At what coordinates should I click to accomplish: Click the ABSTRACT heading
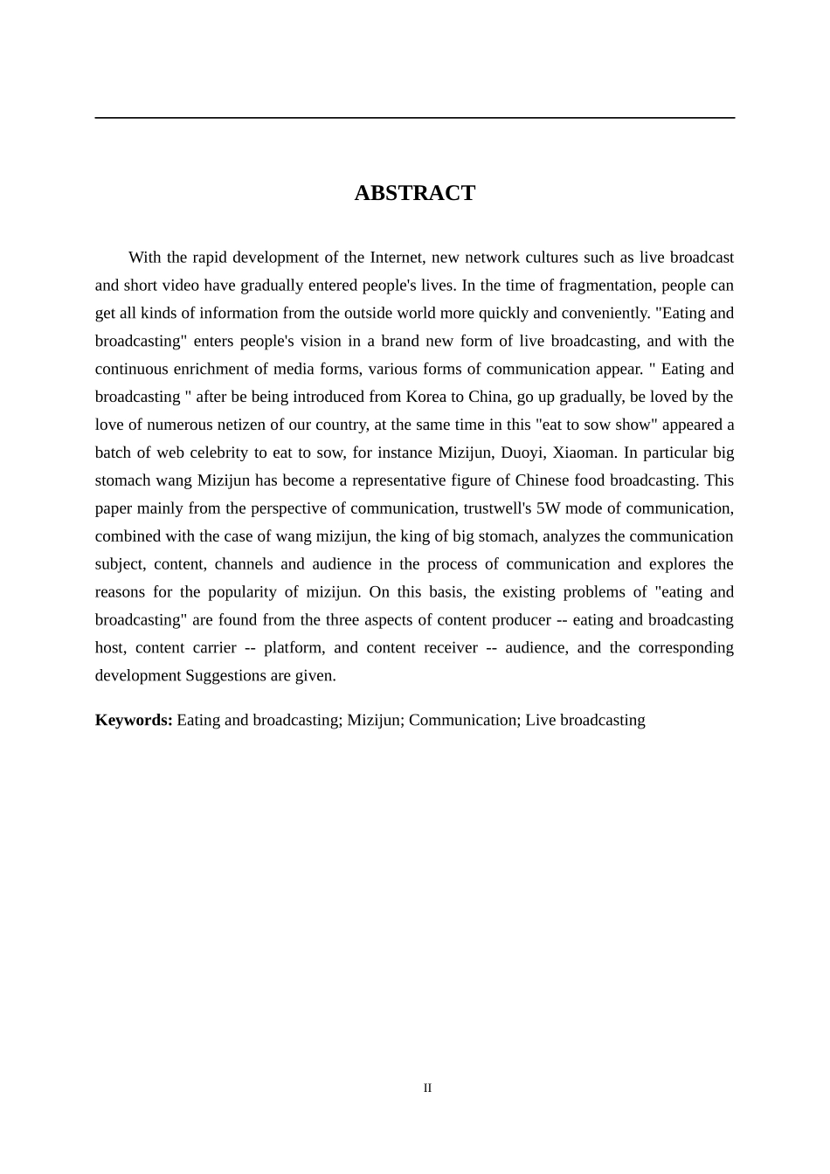pyautogui.click(x=414, y=193)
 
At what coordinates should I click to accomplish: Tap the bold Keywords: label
pyautogui.click(x=134, y=720)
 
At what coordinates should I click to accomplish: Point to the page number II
pyautogui.click(x=427, y=1088)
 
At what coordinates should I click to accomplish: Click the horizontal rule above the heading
pyautogui.click(x=414, y=117)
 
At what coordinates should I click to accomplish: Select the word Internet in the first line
pyautogui.click(x=397, y=257)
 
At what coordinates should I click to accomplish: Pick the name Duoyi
pyautogui.click(x=521, y=452)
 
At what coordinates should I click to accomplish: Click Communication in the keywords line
pyautogui.click(x=462, y=720)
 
